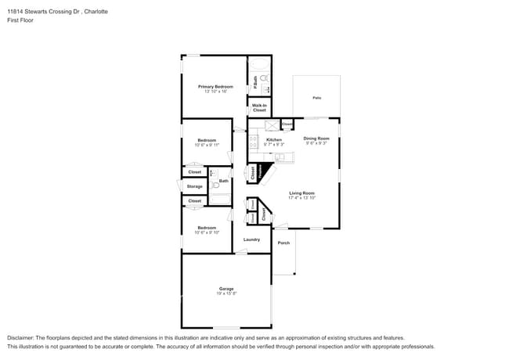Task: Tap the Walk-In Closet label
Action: tap(259, 107)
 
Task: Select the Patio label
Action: tap(316, 98)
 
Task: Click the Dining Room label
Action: tap(316, 139)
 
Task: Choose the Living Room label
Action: tap(301, 193)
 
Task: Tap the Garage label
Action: tap(226, 289)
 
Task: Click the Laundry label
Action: tap(251, 239)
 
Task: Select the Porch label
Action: tap(283, 243)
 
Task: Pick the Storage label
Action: tap(194, 186)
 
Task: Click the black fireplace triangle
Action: tap(267, 172)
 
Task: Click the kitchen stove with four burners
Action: tap(254, 142)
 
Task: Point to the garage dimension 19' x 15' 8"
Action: tap(226, 293)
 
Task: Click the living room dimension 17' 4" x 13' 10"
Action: tap(301, 197)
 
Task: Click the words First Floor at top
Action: tap(20, 20)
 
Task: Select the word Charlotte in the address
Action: tap(94, 12)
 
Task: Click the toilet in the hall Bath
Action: tap(215, 186)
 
